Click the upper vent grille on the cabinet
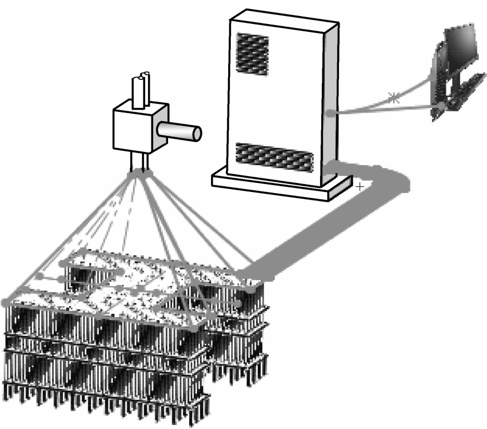coord(252,51)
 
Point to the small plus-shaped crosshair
coord(359,186)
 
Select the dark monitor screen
coord(460,46)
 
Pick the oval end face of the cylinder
coord(197,133)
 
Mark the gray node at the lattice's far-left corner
coord(6,301)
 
